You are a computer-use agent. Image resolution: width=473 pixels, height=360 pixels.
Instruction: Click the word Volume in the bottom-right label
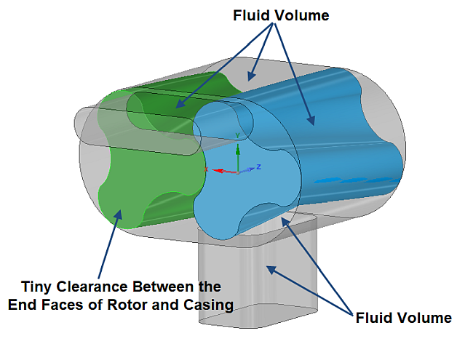click(x=426, y=318)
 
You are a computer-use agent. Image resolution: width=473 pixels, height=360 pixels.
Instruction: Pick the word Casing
click(x=211, y=305)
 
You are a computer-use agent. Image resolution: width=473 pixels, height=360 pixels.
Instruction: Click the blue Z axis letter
click(x=259, y=167)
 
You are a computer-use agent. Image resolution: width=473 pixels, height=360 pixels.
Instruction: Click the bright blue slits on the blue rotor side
click(x=349, y=179)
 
